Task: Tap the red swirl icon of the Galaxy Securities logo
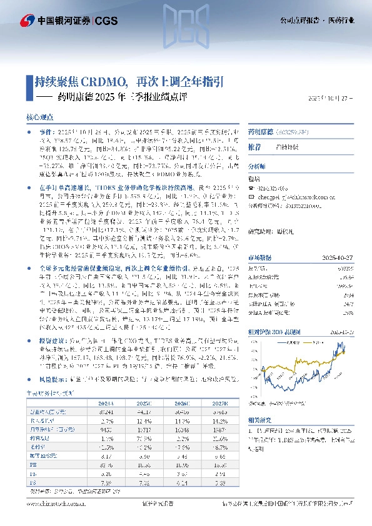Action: [28, 20]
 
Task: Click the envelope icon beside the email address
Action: [251, 196]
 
